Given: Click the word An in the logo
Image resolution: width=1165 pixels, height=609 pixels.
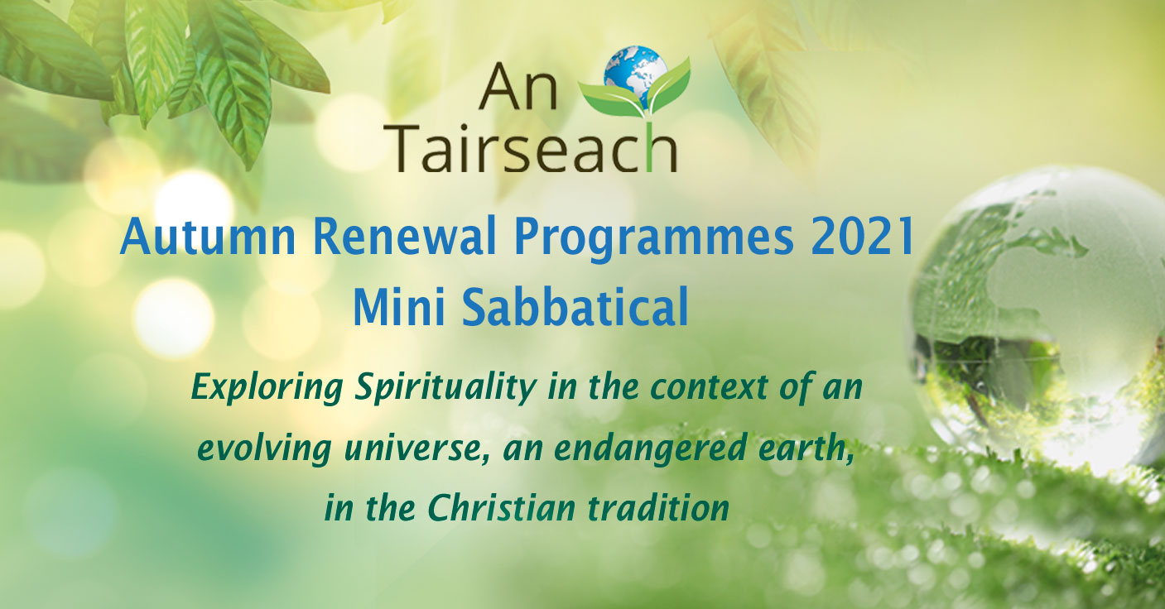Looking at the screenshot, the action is coord(518,86).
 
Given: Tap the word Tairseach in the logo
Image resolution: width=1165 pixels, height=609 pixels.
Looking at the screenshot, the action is coord(533,148).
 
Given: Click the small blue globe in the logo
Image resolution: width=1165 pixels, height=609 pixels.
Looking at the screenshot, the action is coord(636,72).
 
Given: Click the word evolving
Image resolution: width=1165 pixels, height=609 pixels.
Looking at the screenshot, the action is coord(264,450).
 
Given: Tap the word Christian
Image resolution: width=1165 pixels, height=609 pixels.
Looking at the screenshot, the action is coord(502,508).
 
